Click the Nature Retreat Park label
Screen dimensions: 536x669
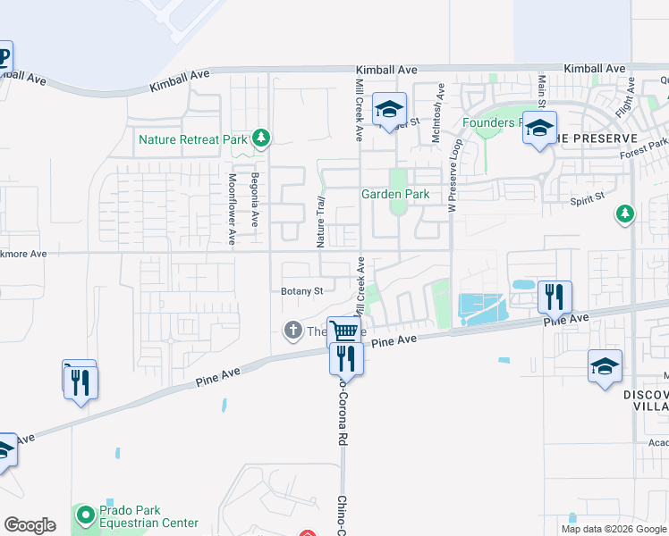point(192,139)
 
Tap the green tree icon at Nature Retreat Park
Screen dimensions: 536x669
point(260,138)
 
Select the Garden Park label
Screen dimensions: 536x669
point(394,194)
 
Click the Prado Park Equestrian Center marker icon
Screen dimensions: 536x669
point(86,515)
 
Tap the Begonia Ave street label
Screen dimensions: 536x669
point(255,198)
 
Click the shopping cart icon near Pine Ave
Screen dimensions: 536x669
point(343,331)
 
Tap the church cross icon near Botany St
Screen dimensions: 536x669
point(292,331)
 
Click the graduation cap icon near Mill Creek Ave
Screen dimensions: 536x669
point(389,110)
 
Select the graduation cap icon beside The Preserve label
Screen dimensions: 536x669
point(539,128)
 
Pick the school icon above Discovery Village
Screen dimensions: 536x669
point(605,367)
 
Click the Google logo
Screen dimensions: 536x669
point(30,525)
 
